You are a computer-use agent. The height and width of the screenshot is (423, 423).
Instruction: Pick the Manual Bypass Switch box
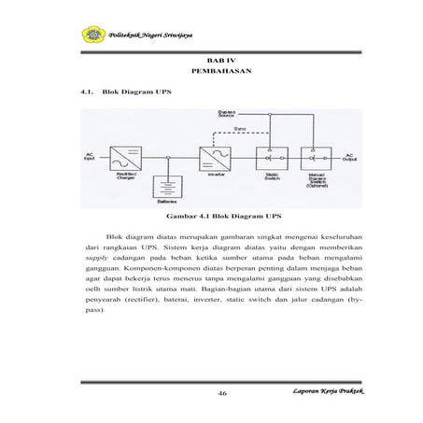click(x=323, y=156)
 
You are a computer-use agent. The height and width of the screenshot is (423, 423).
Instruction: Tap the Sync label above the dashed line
click(x=240, y=129)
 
